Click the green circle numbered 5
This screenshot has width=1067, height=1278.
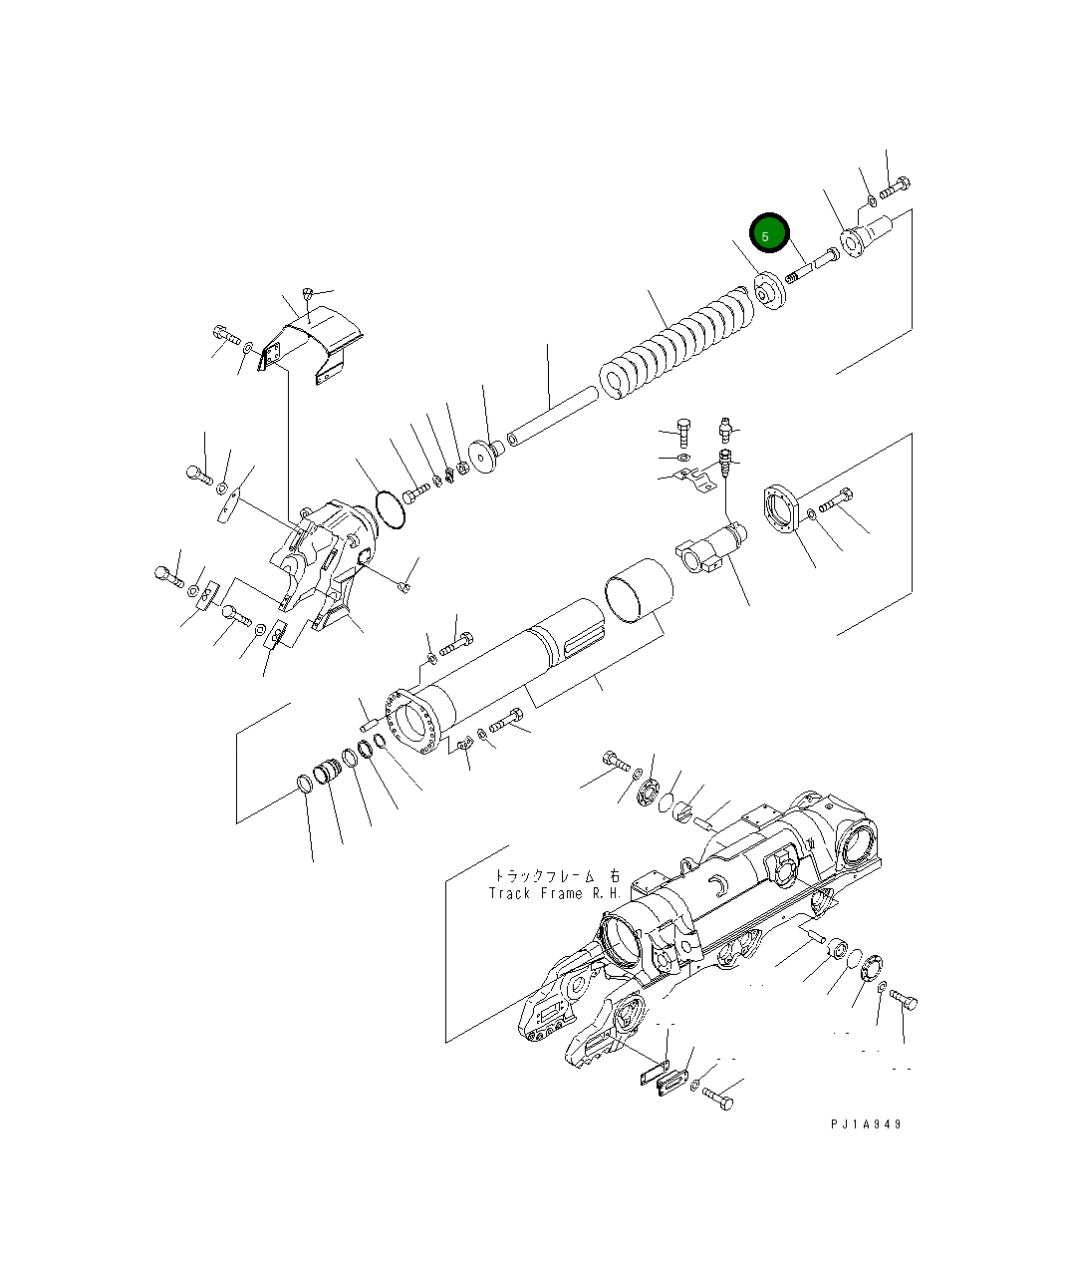coord(769,234)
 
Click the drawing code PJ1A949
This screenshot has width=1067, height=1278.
coord(866,1123)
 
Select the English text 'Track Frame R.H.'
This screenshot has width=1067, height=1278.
coord(555,893)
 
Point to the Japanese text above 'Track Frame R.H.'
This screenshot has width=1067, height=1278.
coord(555,874)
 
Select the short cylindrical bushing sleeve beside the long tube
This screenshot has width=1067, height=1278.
coord(639,594)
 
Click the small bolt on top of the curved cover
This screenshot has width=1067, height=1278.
coord(308,294)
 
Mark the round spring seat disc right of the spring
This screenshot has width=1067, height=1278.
coord(768,290)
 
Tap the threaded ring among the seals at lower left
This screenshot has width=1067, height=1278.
coord(328,774)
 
